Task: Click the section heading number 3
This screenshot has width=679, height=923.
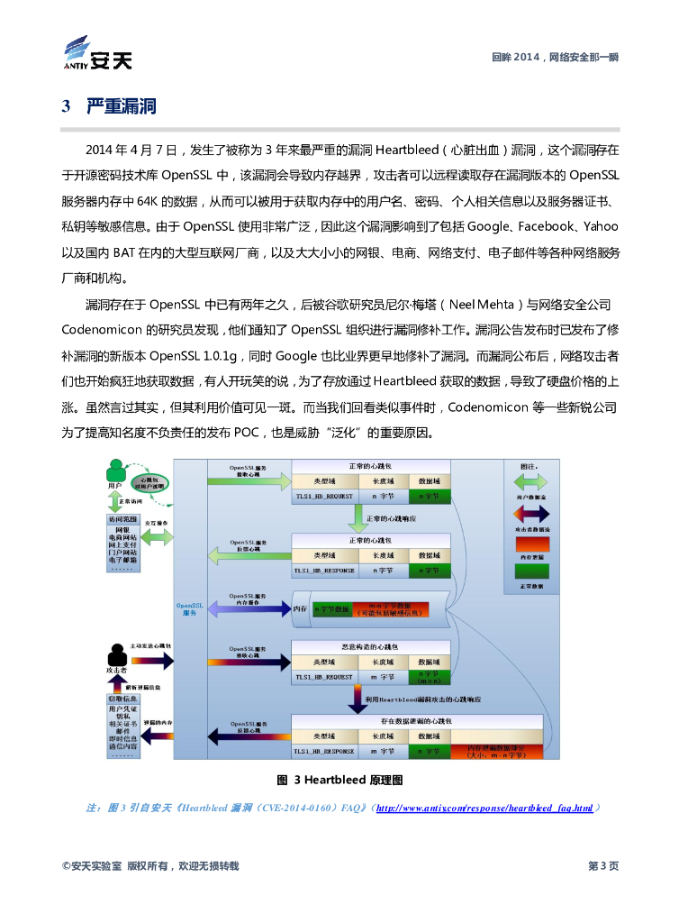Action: [66, 107]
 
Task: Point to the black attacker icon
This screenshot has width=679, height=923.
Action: [114, 654]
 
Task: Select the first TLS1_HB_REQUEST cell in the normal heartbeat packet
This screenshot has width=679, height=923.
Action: [323, 496]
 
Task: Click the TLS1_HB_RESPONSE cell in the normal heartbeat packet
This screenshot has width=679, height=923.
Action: [323, 570]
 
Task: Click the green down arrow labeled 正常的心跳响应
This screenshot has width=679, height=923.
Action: [358, 519]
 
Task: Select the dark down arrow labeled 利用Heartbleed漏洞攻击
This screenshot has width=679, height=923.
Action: [358, 699]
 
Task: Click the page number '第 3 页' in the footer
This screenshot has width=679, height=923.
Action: [602, 866]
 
